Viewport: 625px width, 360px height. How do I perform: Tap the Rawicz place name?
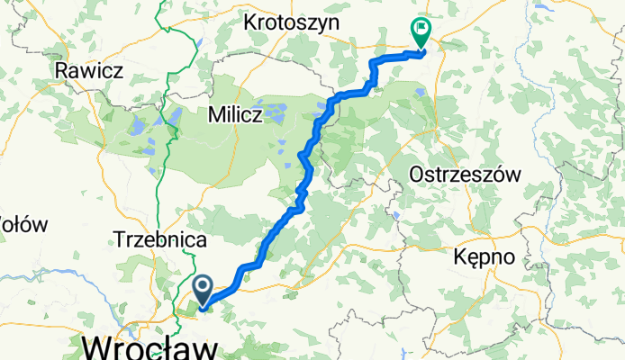[90, 69]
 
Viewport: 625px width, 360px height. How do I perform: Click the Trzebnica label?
[161, 240]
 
